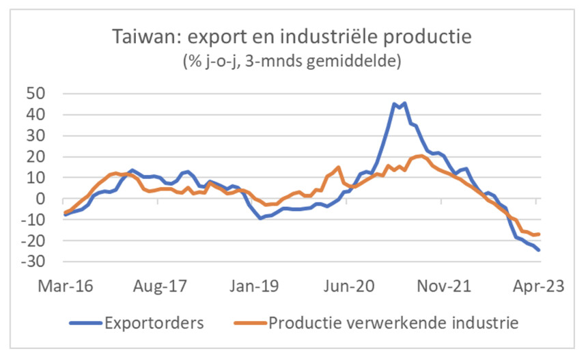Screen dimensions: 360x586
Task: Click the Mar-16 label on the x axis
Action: (x=66, y=287)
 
